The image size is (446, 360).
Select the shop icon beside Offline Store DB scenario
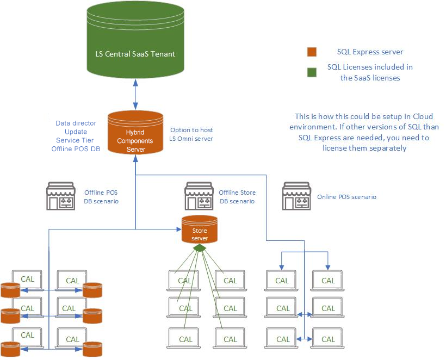pyautogui.click(x=199, y=196)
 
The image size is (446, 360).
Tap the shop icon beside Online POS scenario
pyautogui.click(x=296, y=196)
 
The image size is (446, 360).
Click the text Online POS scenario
pyautogui.click(x=346, y=197)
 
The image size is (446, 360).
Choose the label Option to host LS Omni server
pyautogui.click(x=191, y=134)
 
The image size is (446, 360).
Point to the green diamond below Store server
pyautogui.click(x=200, y=247)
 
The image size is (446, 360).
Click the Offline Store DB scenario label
pyautogui.click(x=237, y=197)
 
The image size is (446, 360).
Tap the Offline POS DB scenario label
pyautogui.click(x=101, y=197)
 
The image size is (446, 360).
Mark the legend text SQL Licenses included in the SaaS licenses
pyautogui.click(x=370, y=72)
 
